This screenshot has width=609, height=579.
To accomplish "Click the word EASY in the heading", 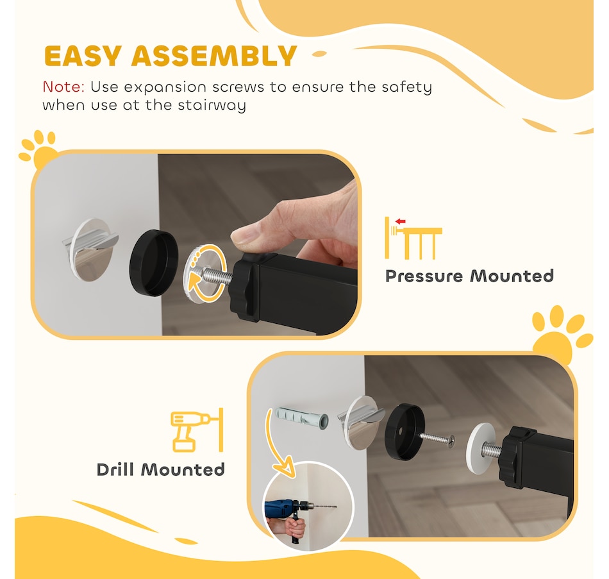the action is (x=83, y=56).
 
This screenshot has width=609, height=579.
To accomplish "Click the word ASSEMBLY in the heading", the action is (x=214, y=56).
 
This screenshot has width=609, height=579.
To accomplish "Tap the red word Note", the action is (x=63, y=87).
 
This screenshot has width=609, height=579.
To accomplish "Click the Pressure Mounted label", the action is (x=469, y=276).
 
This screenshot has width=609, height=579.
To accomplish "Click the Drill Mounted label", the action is (x=160, y=469).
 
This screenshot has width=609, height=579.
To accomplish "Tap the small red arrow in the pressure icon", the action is (x=400, y=221).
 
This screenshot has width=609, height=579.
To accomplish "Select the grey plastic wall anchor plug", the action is (x=301, y=419).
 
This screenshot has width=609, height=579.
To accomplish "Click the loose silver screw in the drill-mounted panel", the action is (x=437, y=439).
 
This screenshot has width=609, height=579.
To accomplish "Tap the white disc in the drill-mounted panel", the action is (x=481, y=448).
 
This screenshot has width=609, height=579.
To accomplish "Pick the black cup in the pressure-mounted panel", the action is (x=154, y=263).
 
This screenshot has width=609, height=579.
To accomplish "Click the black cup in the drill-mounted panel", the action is (x=405, y=432).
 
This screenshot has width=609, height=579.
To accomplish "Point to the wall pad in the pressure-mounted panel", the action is (x=91, y=249).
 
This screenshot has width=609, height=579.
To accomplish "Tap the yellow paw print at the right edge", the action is (x=562, y=335).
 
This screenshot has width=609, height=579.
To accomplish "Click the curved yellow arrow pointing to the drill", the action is (x=275, y=443).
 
